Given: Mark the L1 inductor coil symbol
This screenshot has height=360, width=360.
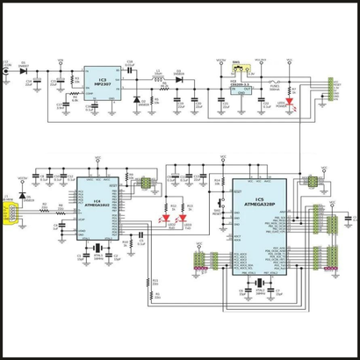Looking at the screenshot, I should click(160, 80).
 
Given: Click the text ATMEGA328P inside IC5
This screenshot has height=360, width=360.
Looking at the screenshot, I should click(259, 206).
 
